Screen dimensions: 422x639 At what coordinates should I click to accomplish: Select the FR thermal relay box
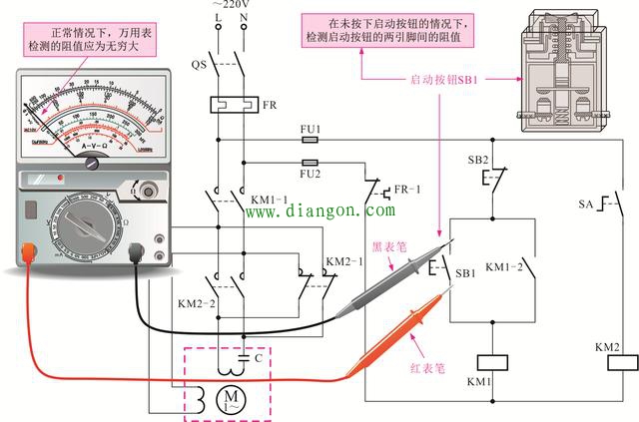pos(228,104)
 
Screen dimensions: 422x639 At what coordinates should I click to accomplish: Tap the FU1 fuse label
pos(310,130)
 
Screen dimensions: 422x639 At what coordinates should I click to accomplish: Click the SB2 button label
pos(478,160)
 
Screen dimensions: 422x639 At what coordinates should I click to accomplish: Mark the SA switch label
pos(586,205)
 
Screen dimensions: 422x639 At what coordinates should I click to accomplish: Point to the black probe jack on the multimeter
pos(137,253)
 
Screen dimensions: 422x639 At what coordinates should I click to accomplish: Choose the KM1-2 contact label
pos(503,268)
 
